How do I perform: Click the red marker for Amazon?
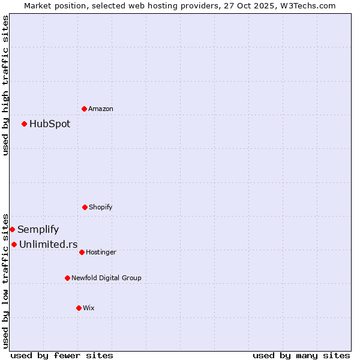point(84,109)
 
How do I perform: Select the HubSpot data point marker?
point(24,124)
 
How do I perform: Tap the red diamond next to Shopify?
point(85,207)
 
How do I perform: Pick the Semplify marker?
point(12,229)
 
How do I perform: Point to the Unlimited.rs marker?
point(14,244)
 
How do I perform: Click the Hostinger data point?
point(82,252)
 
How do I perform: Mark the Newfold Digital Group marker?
point(67,278)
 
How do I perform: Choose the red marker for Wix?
point(79,308)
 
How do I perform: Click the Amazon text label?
point(101,109)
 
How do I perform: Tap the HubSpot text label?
point(50,124)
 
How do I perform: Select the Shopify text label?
point(101,207)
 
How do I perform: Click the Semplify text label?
point(38,230)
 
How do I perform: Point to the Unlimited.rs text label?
point(49,244)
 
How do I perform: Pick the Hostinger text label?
point(101,252)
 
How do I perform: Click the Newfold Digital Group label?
point(107,278)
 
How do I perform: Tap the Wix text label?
point(89,308)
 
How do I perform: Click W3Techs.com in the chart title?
point(310,5)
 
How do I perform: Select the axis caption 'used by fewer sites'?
point(62,355)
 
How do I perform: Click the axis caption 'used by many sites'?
point(301,355)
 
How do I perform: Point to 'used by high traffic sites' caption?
point(5,85)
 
